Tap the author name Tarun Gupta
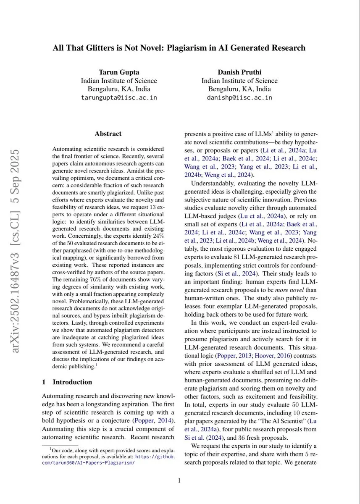tap(119, 72)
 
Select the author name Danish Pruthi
tap(239, 72)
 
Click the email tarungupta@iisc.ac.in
tap(119, 97)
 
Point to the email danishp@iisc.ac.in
tap(239, 97)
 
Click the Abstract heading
tap(108, 134)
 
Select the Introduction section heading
tap(72, 382)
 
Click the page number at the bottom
tap(179, 480)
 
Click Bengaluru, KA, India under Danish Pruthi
tap(239, 89)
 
